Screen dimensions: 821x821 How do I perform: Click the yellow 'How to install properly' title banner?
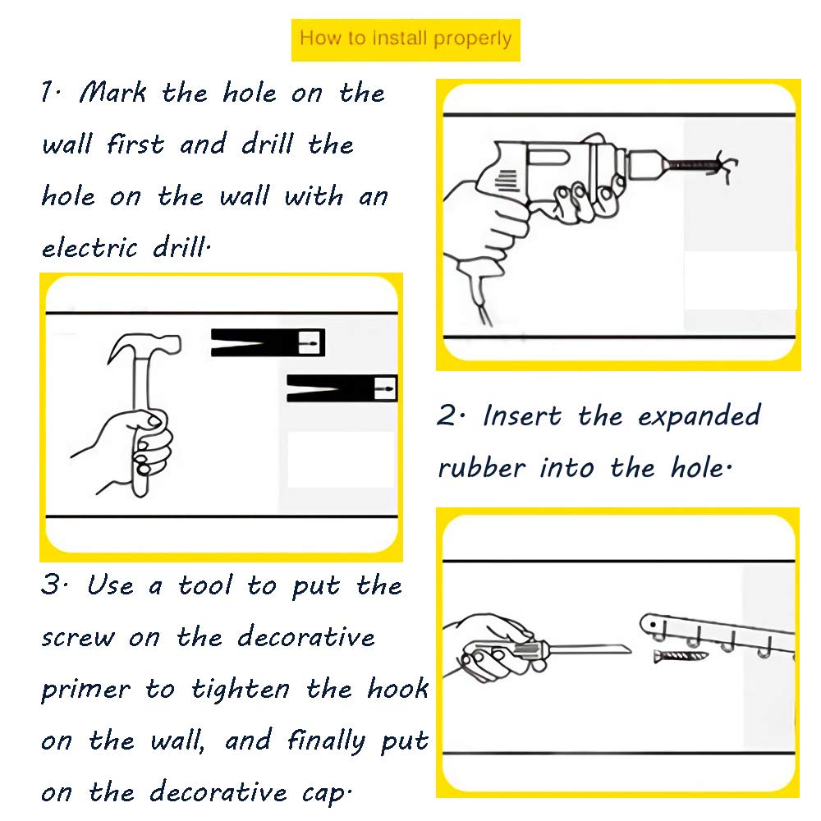tap(406, 39)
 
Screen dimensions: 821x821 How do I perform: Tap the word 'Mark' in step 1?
tap(113, 93)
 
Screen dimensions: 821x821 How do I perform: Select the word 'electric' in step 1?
tap(89, 247)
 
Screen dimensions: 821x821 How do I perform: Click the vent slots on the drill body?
tap(507, 181)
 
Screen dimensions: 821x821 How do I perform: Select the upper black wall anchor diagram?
tap(268, 342)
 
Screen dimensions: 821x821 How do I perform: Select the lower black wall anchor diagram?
tap(342, 388)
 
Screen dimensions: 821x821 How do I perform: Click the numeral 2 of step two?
tap(447, 415)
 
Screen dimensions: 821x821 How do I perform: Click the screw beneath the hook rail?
tap(681, 655)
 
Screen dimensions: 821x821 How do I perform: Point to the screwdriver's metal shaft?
tap(589, 649)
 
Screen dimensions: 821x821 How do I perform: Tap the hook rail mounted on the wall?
tap(718, 635)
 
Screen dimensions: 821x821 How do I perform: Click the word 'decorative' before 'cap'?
tap(218, 791)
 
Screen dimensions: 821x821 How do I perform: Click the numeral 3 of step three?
tap(51, 585)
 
